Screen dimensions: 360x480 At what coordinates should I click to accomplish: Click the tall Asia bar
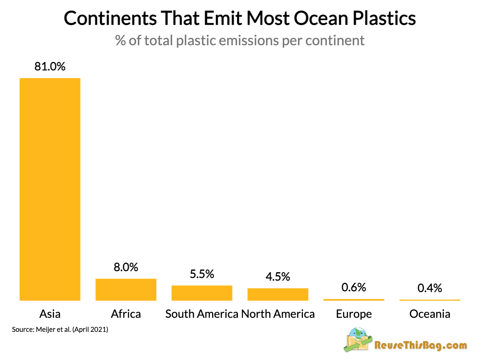[50, 189]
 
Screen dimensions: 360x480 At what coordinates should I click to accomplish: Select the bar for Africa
[126, 289]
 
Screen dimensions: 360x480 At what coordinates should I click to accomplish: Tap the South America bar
[202, 293]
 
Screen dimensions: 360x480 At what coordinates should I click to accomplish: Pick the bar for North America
[278, 294]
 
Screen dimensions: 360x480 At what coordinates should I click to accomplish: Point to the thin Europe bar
[354, 300]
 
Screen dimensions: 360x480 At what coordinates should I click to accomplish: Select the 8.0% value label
[126, 267]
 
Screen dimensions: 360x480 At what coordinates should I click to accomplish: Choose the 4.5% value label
[278, 276]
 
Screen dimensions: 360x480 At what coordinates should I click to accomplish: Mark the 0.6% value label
[354, 287]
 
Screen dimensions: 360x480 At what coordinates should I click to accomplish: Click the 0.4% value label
[430, 288]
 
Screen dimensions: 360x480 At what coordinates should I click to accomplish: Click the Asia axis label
[50, 314]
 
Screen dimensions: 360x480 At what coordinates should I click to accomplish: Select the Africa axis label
[126, 314]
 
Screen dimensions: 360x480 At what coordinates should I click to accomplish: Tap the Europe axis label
[354, 314]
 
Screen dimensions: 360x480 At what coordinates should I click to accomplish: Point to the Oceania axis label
[430, 314]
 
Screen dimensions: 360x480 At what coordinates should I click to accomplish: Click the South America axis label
[202, 314]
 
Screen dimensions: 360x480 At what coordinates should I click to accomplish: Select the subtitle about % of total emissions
[240, 40]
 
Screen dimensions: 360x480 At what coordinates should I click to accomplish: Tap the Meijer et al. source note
[60, 330]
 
